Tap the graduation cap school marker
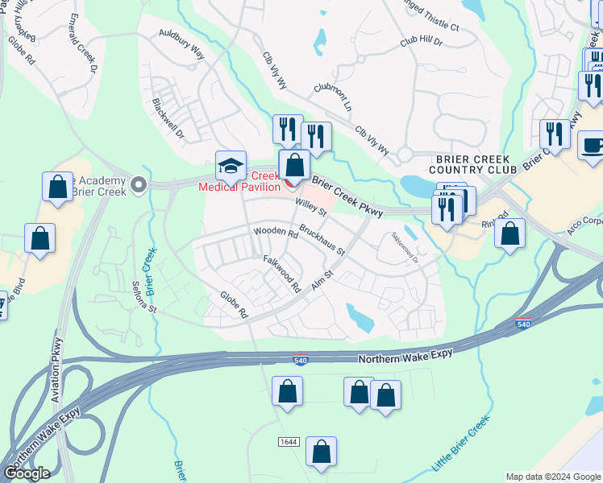[x=231, y=166]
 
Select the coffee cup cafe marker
[x=593, y=146]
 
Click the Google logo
[x=27, y=473]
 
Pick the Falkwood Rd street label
[x=281, y=273]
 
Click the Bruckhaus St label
[x=322, y=240]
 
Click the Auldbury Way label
[x=181, y=46]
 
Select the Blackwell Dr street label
[x=168, y=118]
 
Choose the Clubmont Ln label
[x=335, y=96]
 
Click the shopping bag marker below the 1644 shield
[x=321, y=452]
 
